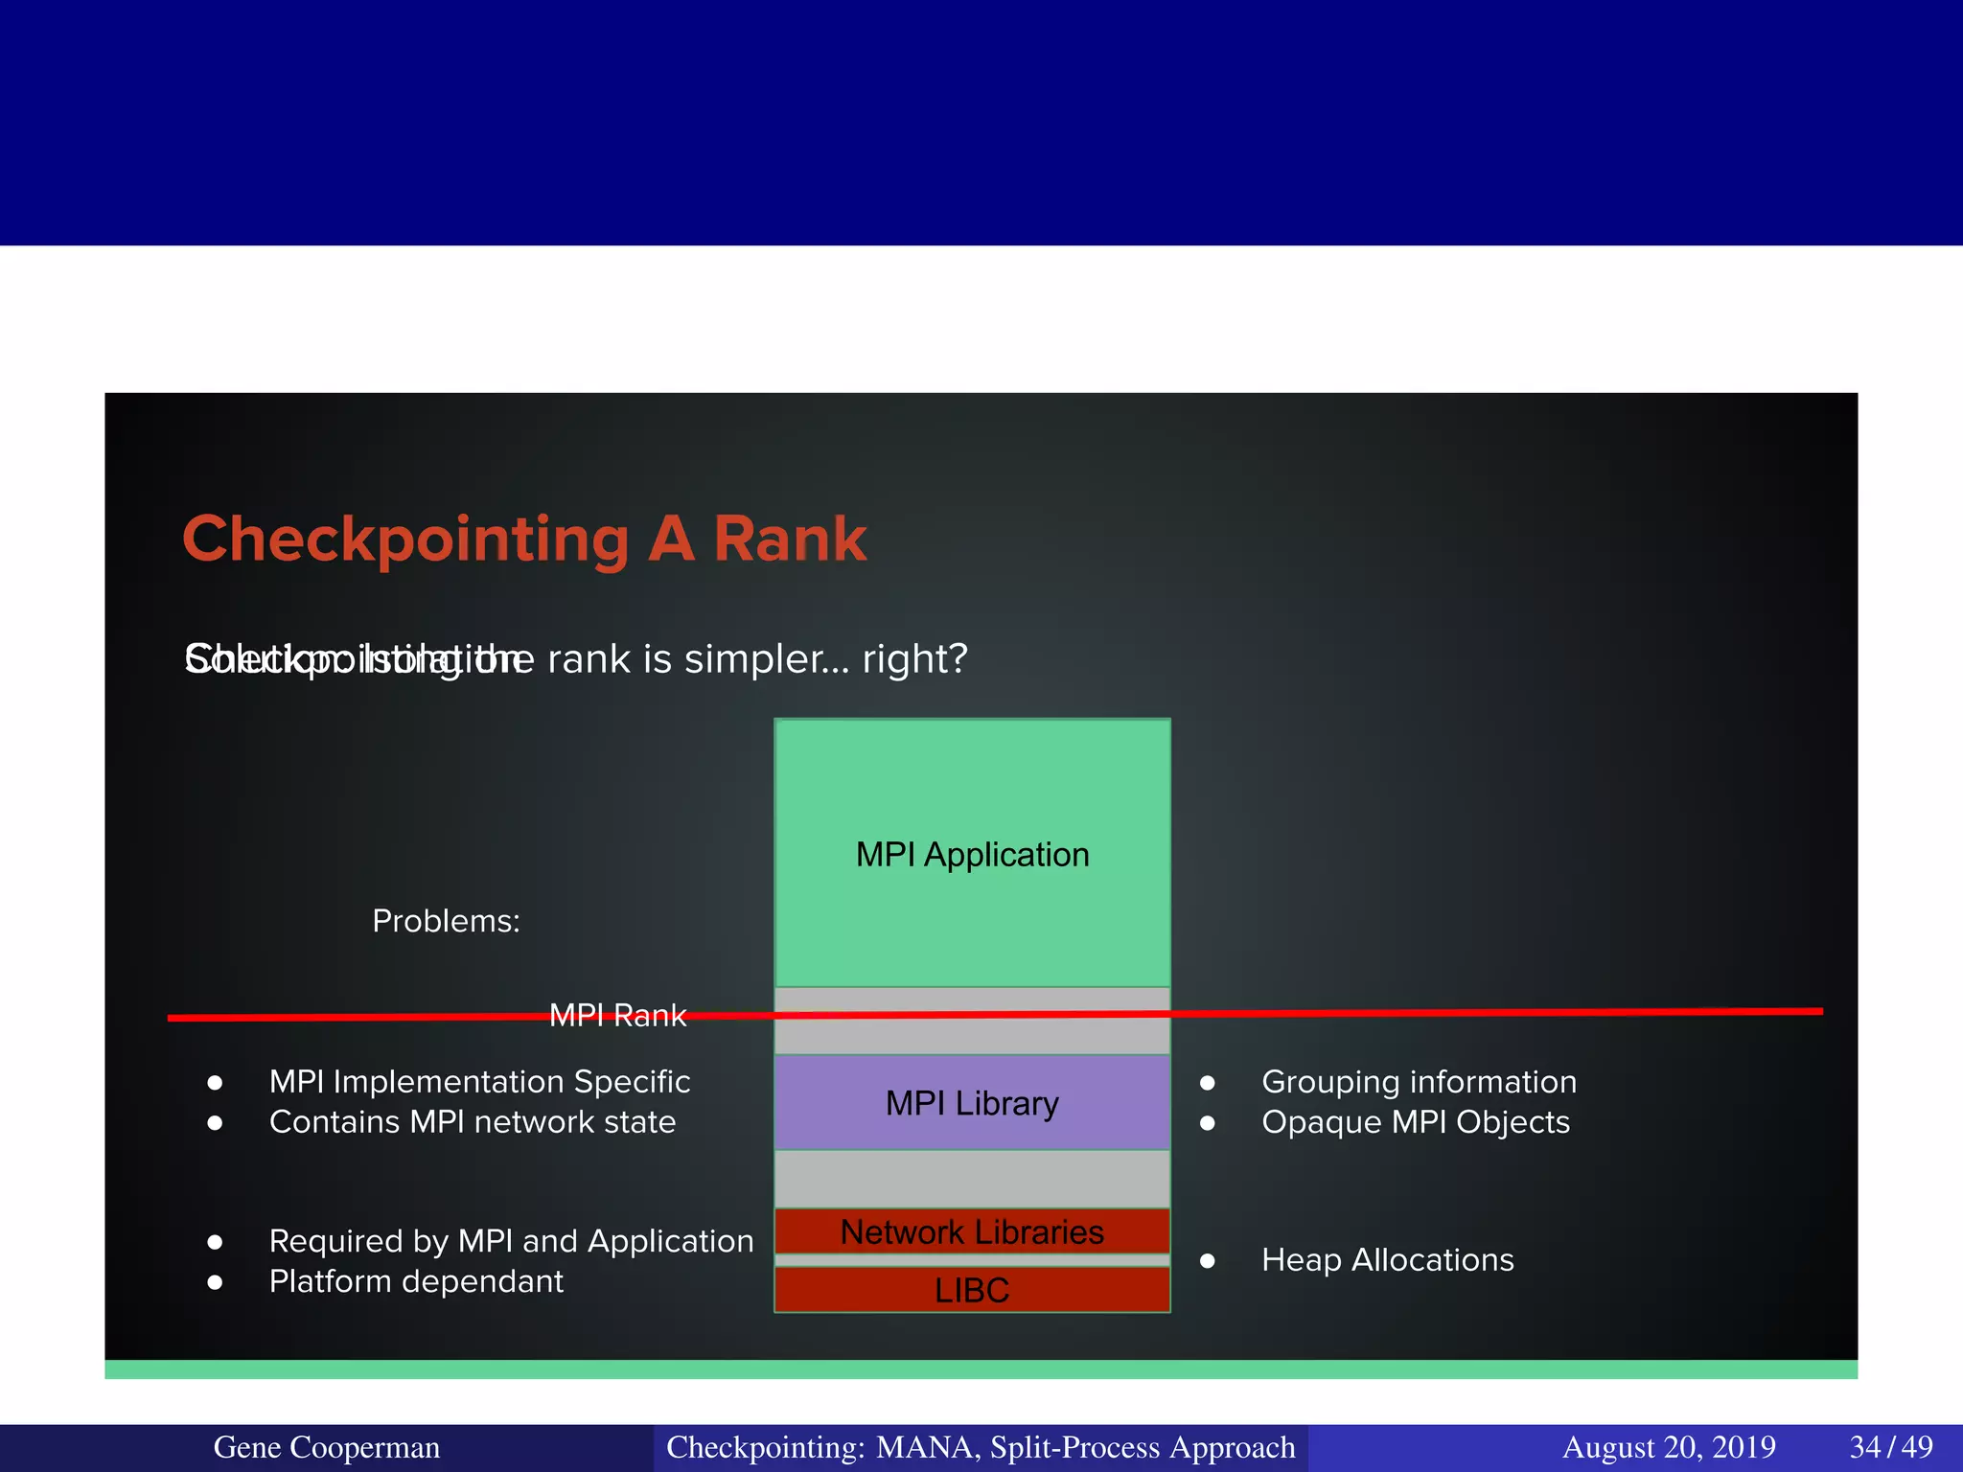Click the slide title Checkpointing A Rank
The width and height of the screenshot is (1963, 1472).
(524, 539)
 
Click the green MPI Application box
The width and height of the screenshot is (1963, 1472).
(972, 853)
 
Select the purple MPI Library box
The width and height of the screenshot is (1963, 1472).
(972, 1102)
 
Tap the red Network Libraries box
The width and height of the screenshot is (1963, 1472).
(972, 1231)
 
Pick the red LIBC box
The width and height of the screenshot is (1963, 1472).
(972, 1290)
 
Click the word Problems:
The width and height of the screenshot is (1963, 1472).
(446, 921)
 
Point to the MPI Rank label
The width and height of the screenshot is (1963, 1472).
(618, 1016)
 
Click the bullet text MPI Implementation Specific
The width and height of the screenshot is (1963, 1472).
(479, 1082)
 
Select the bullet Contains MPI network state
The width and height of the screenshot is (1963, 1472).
(473, 1122)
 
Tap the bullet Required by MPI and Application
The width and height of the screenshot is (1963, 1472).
(511, 1241)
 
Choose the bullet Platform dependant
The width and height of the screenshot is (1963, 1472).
(416, 1281)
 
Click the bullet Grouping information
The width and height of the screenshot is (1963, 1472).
(1419, 1082)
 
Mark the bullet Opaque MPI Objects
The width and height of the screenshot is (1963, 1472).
(1416, 1122)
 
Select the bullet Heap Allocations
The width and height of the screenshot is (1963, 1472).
(1387, 1260)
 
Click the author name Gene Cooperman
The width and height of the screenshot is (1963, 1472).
(326, 1447)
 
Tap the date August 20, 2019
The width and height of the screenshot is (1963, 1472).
(1669, 1447)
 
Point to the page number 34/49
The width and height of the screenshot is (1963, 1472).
(1890, 1447)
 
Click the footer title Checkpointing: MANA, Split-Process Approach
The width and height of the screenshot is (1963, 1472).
(981, 1447)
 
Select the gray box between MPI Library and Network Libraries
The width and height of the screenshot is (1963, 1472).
(972, 1179)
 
